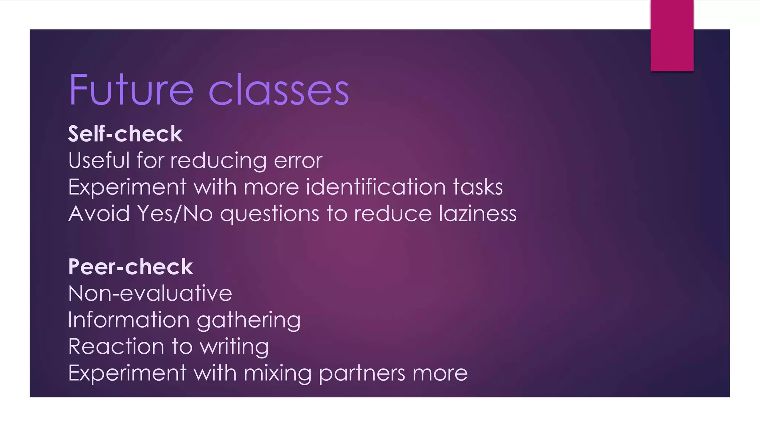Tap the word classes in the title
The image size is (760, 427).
(x=279, y=90)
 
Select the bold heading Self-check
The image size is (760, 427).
(x=125, y=134)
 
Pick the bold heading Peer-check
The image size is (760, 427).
(x=131, y=267)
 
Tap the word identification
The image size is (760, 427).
(x=375, y=187)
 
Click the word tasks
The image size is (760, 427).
(x=478, y=187)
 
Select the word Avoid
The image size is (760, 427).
(x=99, y=213)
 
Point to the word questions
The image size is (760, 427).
(x=270, y=214)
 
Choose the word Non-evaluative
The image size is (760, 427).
(x=150, y=294)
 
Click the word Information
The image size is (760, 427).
(x=129, y=320)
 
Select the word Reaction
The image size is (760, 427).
(x=116, y=347)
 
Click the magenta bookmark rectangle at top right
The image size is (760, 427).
(x=672, y=36)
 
